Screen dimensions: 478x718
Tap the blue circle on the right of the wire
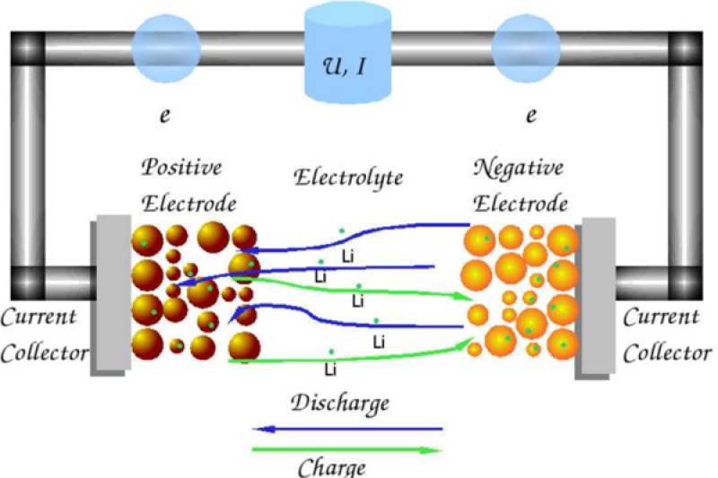tap(525, 46)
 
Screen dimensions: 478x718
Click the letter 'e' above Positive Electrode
tap(164, 116)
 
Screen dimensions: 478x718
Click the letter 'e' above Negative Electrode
tap(530, 116)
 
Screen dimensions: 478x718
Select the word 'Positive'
tap(182, 169)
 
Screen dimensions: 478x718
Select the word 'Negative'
tap(520, 169)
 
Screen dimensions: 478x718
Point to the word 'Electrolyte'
tap(348, 178)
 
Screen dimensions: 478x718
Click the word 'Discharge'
tap(340, 404)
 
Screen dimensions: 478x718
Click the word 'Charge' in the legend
tap(333, 467)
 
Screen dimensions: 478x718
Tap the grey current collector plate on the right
tap(596, 296)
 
